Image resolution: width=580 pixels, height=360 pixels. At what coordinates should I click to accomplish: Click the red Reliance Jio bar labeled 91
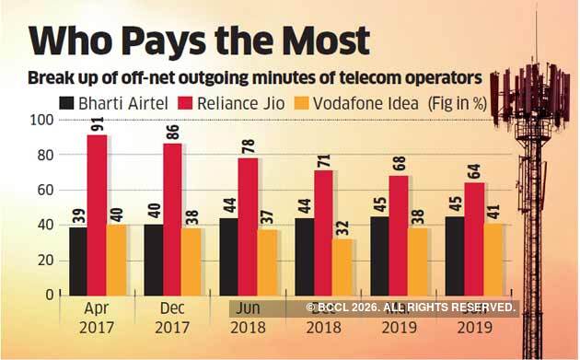click(97, 214)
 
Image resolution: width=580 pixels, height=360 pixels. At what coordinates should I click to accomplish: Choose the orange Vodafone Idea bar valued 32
click(342, 266)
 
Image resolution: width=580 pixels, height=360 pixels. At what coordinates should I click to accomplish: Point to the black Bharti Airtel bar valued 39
click(77, 260)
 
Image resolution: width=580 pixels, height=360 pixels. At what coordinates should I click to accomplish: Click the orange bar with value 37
click(267, 261)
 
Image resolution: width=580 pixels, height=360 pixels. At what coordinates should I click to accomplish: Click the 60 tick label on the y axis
click(42, 191)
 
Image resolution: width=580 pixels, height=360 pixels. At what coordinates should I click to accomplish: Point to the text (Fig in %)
click(470, 103)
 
